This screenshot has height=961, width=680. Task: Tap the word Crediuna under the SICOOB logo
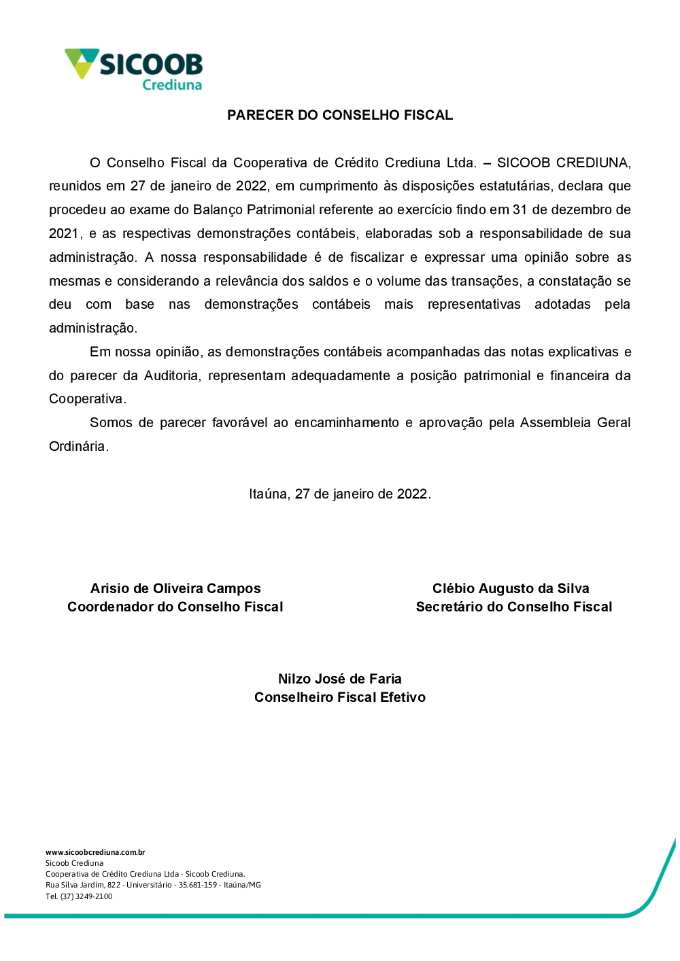tap(172, 85)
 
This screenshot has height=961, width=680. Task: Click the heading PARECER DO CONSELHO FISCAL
tap(340, 115)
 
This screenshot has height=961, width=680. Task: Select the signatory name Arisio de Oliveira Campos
tap(175, 588)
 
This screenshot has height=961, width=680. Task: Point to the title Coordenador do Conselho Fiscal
tap(175, 607)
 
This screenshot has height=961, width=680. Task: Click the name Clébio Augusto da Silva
tap(511, 588)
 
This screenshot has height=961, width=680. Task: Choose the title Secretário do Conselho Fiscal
tap(514, 607)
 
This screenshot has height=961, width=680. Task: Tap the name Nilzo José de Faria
tap(340, 679)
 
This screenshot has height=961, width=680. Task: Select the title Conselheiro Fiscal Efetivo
tap(340, 697)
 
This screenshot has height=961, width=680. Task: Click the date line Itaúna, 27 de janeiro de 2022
tap(340, 494)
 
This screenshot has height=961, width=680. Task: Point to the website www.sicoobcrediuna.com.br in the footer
tap(95, 852)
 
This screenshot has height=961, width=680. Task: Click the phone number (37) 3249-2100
tap(86, 896)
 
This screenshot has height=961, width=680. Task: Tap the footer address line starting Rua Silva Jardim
tap(153, 885)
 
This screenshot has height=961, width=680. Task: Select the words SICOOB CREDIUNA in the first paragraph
tap(563, 163)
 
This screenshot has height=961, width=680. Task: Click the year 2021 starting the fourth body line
tap(64, 233)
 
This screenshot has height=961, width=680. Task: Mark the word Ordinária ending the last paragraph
tap(78, 446)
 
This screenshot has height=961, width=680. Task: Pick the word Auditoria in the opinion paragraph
tap(171, 375)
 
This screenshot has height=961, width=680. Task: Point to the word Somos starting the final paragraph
tap(111, 422)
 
